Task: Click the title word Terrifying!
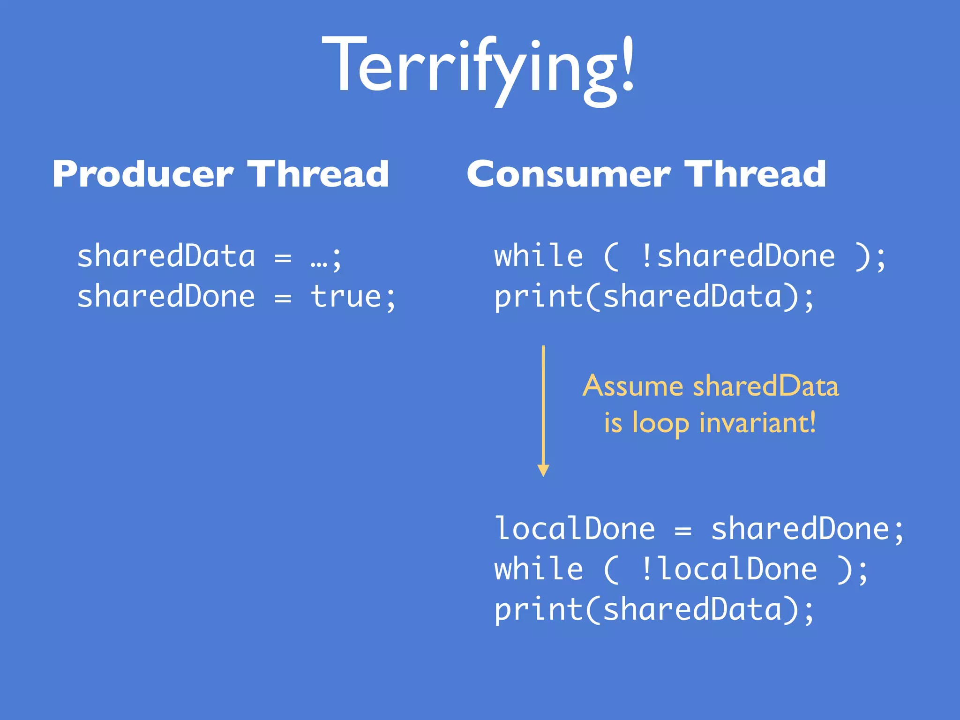478,66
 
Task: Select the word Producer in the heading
142,174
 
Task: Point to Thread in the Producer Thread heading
319,174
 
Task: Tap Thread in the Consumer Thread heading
756,174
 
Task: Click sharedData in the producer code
166,256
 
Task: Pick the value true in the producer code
346,297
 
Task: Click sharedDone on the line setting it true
166,297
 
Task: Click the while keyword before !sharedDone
539,256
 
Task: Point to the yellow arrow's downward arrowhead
543,470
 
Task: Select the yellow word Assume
633,387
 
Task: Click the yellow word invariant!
757,423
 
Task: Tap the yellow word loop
661,424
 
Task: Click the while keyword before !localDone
539,570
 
